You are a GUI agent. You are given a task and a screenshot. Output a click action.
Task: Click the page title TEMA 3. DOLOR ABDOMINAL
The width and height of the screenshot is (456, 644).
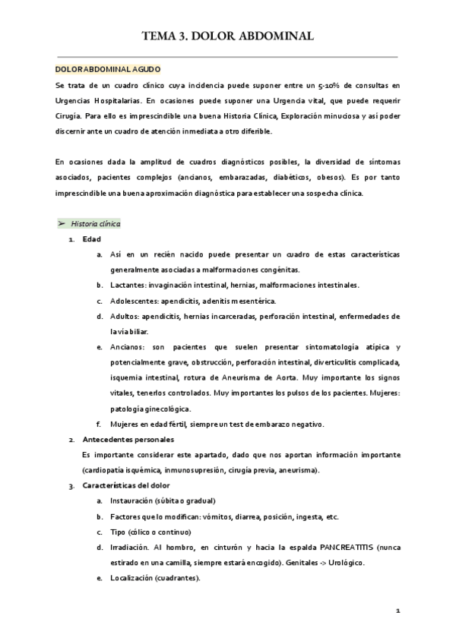227,35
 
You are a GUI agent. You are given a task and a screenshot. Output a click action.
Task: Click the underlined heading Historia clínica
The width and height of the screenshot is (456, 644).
95,224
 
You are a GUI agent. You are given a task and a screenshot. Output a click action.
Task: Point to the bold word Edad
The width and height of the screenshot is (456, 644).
92,239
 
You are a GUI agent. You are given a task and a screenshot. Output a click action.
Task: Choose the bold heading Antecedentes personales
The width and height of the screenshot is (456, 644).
128,439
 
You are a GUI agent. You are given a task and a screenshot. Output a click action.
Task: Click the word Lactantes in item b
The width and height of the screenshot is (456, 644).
128,285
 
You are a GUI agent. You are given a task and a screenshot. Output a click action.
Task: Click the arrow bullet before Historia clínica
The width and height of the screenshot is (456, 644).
62,224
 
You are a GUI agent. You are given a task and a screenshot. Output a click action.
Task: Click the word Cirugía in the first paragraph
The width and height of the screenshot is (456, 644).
71,115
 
